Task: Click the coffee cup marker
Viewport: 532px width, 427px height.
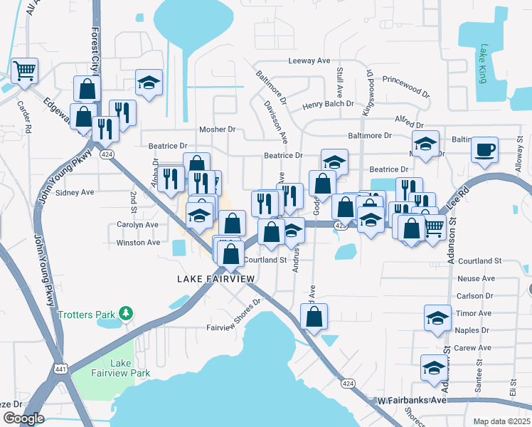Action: (x=484, y=150)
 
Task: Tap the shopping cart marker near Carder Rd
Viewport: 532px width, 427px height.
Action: (x=24, y=71)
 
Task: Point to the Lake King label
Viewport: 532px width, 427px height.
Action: (x=483, y=64)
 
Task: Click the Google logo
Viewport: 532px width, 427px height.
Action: (x=23, y=418)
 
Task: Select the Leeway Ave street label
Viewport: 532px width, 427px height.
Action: (x=309, y=61)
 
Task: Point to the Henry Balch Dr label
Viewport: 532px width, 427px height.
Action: (x=328, y=104)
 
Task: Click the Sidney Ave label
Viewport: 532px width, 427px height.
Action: (x=75, y=192)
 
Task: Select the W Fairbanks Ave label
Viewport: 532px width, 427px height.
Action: (x=411, y=401)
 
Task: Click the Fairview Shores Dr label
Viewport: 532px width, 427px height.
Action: (x=235, y=317)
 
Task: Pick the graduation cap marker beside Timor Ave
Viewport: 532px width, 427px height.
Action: (x=437, y=317)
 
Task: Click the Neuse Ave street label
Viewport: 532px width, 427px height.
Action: (x=476, y=278)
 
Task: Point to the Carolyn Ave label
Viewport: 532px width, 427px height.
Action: (x=137, y=224)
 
